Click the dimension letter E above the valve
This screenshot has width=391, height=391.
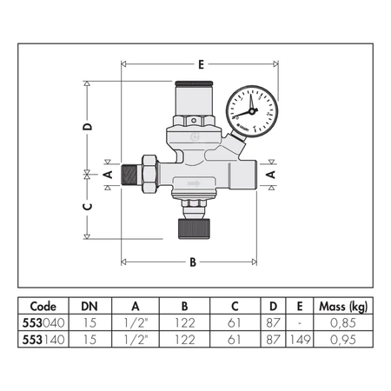[202, 64]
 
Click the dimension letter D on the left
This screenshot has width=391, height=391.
[88, 127]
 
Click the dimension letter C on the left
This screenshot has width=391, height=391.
[88, 206]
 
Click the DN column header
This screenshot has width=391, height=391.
[89, 306]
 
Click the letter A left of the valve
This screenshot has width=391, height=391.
[108, 174]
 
